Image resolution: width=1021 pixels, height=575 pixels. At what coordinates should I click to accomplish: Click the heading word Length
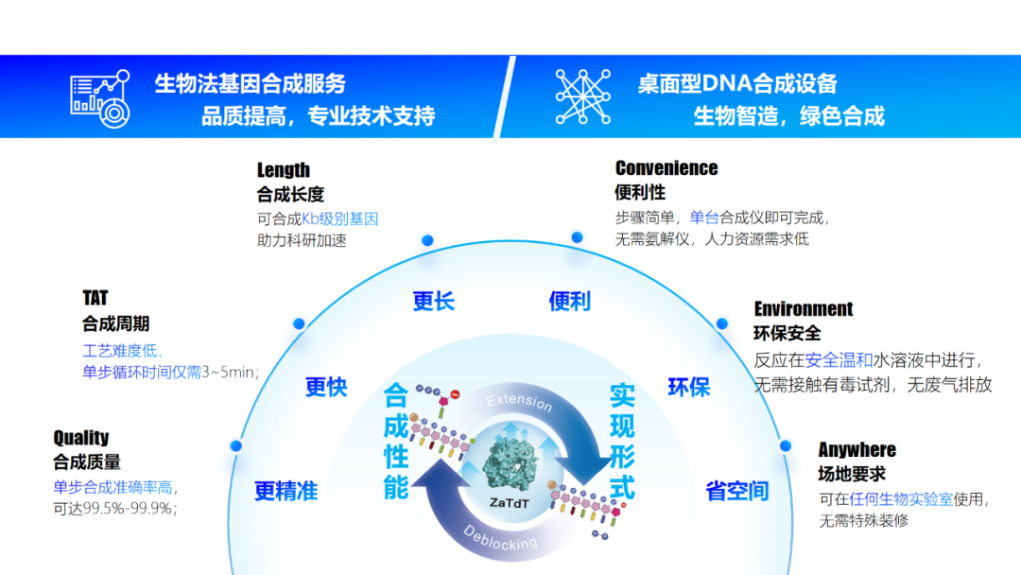[284, 170]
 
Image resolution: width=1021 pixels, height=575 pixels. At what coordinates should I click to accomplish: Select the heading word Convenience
[666, 168]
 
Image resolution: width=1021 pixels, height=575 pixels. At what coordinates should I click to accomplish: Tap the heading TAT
[95, 298]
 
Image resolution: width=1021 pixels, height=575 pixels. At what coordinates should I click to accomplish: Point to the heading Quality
[80, 437]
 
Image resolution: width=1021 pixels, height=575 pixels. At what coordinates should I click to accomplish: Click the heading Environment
[803, 308]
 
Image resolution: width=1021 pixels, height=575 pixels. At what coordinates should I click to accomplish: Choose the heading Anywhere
[857, 450]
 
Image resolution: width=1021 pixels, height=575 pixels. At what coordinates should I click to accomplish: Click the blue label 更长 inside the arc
[434, 301]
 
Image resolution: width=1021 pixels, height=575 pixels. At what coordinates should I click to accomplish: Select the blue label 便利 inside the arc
[570, 301]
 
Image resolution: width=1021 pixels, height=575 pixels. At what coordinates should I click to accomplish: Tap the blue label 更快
[326, 387]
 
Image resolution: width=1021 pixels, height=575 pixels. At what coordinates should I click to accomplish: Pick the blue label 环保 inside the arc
[688, 387]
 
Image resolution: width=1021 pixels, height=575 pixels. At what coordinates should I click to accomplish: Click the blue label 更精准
[286, 490]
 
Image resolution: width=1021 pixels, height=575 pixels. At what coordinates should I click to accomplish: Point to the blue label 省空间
[737, 490]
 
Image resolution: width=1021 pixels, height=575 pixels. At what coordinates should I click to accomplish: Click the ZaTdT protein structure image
[510, 463]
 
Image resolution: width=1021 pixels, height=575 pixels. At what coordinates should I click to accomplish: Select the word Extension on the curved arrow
[519, 401]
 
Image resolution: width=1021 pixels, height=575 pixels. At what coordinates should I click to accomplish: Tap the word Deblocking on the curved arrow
[500, 539]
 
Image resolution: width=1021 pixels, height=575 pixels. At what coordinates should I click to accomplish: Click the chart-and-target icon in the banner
[100, 98]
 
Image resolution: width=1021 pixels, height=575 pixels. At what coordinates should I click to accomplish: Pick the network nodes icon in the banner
[582, 96]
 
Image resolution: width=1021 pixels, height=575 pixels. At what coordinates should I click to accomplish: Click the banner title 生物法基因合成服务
[250, 83]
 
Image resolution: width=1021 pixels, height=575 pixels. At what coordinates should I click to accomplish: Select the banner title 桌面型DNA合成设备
[737, 83]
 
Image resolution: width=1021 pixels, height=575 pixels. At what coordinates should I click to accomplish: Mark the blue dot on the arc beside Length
[427, 240]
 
